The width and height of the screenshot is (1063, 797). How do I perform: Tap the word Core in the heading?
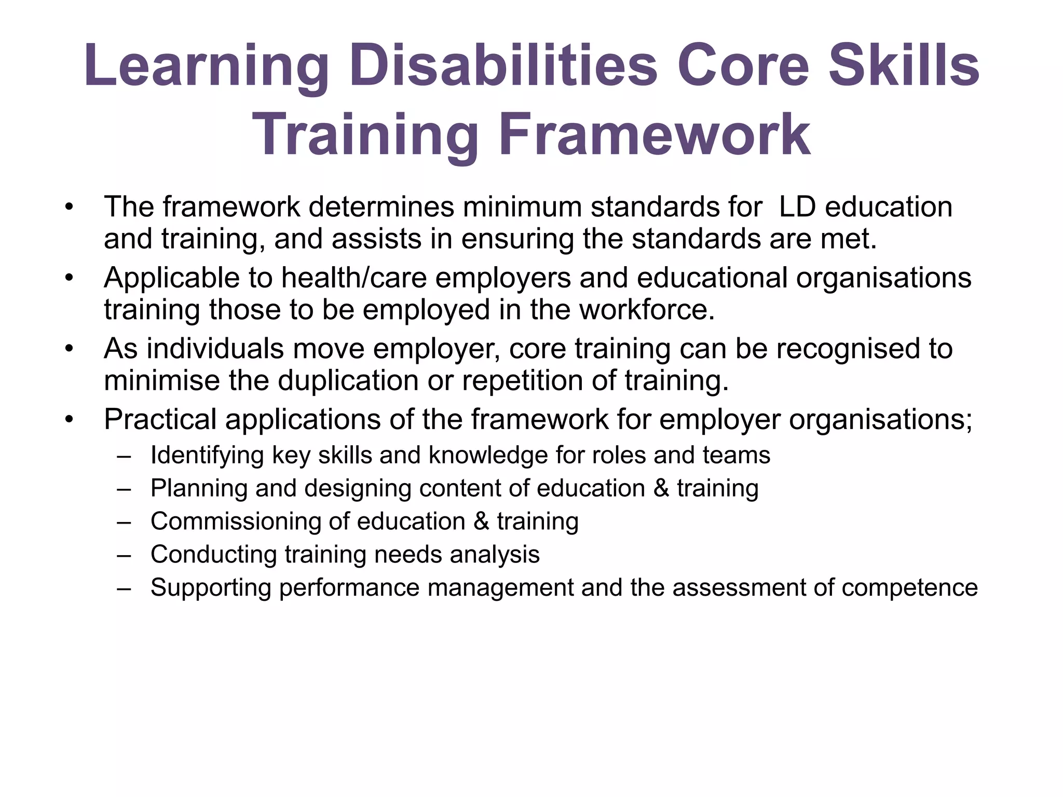click(x=743, y=66)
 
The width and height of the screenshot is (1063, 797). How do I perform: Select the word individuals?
click(x=215, y=348)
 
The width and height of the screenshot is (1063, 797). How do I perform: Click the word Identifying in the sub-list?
click(x=207, y=456)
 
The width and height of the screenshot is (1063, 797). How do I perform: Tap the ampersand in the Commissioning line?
click(x=481, y=521)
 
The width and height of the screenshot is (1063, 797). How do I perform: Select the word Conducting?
click(x=213, y=555)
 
